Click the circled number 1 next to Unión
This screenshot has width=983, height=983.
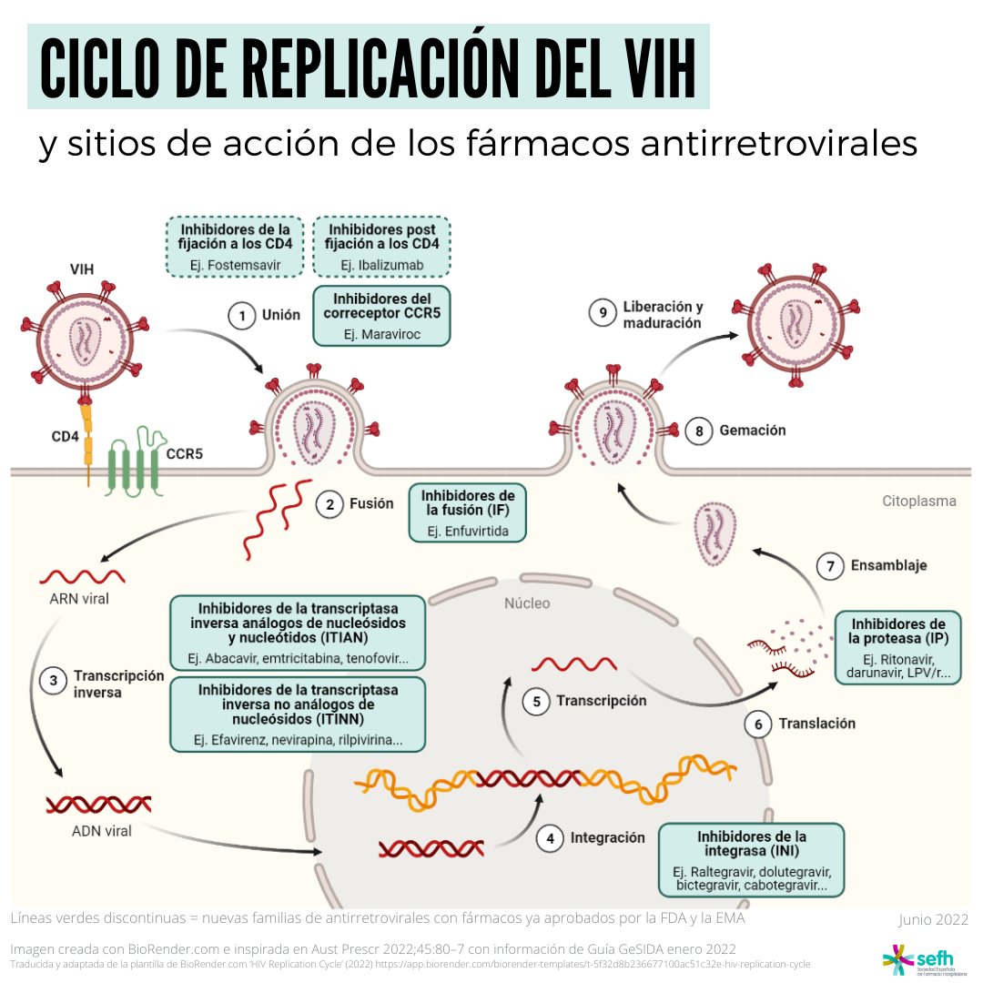click(242, 315)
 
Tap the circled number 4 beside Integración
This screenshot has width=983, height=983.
click(550, 838)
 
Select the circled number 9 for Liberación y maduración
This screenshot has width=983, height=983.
click(603, 313)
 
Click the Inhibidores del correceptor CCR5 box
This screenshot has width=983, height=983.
click(381, 316)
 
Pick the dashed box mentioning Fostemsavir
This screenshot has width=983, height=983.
click(235, 247)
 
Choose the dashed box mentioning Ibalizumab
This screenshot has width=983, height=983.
click(381, 247)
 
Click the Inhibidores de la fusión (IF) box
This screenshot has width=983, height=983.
click(468, 512)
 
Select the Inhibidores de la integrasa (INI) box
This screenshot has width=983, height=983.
click(752, 860)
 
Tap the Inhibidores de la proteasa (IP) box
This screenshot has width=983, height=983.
click(898, 648)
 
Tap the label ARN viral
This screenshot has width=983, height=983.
click(79, 599)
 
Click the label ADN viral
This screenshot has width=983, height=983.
click(102, 831)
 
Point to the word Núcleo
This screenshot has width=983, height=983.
click(527, 603)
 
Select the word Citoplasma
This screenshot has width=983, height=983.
click(919, 501)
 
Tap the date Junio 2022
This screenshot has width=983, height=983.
click(934, 919)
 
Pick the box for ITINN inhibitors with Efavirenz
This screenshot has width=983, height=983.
click(298, 714)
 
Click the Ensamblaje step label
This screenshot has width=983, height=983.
click(888, 565)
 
